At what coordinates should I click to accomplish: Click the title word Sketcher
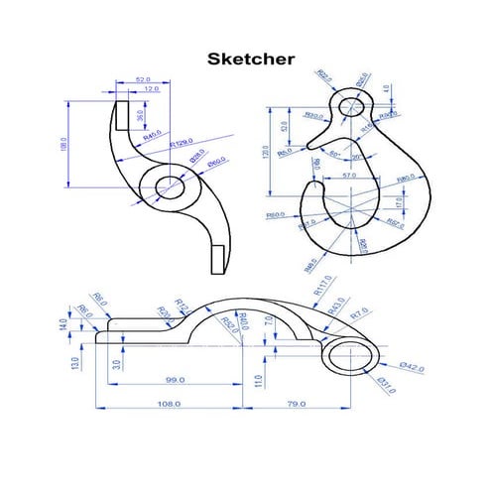(250, 59)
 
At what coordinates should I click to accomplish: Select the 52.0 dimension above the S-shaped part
(143, 78)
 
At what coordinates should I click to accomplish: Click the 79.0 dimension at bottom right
(296, 404)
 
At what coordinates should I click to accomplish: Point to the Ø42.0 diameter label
(412, 368)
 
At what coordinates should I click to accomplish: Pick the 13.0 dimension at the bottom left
(71, 363)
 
